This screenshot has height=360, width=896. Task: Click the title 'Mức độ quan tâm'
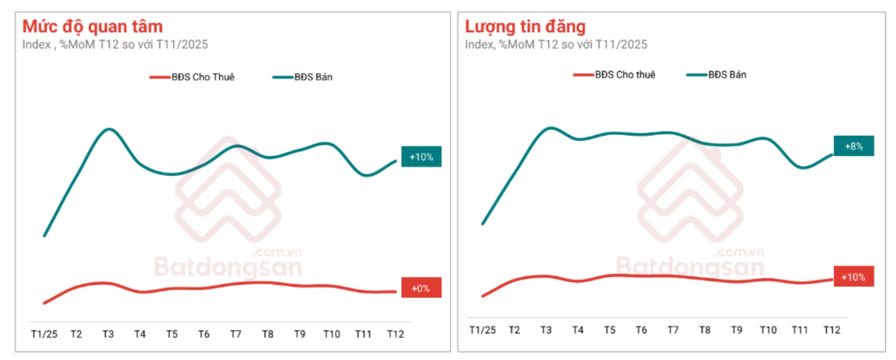tap(92, 26)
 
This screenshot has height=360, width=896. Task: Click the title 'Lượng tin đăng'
tap(525, 26)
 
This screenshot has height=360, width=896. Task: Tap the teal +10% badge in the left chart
tap(421, 157)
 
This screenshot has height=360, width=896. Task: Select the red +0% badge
tap(421, 288)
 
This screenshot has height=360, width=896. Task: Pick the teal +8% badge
tap(854, 146)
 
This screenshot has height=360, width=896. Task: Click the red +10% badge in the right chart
tap(854, 277)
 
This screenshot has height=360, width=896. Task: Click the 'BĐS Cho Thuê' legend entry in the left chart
tap(192, 77)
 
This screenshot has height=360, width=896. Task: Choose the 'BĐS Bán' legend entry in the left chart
tap(303, 77)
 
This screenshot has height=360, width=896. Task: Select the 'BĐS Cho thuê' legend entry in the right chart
tap(614, 75)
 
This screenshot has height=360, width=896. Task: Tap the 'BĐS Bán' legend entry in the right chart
tap(717, 75)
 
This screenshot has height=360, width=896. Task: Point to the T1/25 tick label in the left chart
tap(44, 334)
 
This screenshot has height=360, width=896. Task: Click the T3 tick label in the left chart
tap(108, 334)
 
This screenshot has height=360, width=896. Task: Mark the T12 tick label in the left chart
tap(395, 334)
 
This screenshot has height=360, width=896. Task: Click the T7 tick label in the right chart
tap(673, 330)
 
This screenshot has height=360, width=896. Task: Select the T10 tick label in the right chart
tap(768, 330)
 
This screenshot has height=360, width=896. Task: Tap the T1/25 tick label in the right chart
tap(482, 330)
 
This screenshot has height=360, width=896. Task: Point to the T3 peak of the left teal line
tap(108, 129)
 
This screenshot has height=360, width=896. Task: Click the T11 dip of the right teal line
tap(802, 167)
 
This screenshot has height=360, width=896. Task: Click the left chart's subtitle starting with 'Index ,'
tap(115, 44)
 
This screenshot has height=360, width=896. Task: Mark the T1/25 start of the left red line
tap(44, 303)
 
